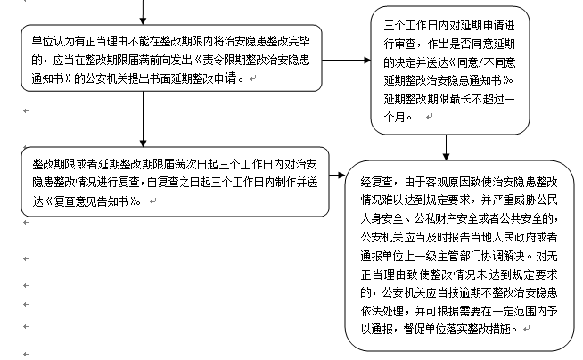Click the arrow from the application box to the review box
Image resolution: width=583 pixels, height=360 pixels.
[x=348, y=62]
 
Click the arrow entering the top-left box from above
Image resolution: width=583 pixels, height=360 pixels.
[x=143, y=12]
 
